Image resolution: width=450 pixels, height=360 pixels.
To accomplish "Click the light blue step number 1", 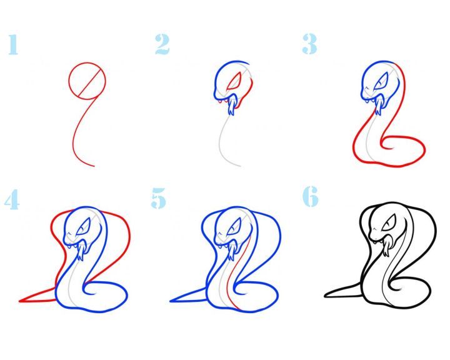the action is (13, 44).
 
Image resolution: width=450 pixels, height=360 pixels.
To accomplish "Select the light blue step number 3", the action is (309, 44).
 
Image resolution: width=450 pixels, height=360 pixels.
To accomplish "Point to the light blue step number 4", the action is (12, 199).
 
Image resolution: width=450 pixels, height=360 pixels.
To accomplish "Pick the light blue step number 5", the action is (159, 198).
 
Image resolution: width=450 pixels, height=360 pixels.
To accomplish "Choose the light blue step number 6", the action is (311, 196).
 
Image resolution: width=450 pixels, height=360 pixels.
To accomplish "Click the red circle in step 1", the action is (87, 81).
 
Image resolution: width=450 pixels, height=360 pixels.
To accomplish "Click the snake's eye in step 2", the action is (234, 81).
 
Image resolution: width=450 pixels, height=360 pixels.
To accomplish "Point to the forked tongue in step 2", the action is (231, 106).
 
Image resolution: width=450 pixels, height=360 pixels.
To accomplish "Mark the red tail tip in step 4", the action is (20, 301).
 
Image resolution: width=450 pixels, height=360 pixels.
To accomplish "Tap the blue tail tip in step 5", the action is (171, 301).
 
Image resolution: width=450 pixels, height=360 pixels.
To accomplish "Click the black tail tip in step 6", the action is (326, 296).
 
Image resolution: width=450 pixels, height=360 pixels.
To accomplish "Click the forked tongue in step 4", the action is (81, 251).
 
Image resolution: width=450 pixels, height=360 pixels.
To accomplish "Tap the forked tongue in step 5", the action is (232, 251).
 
